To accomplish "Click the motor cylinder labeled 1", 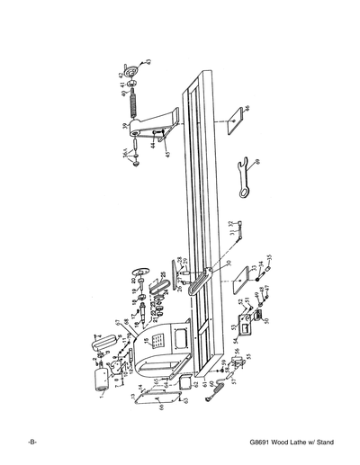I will [102, 380].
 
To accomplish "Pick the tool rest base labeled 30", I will [200, 284].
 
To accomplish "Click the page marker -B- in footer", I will [32, 445].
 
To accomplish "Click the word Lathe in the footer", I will [296, 445].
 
